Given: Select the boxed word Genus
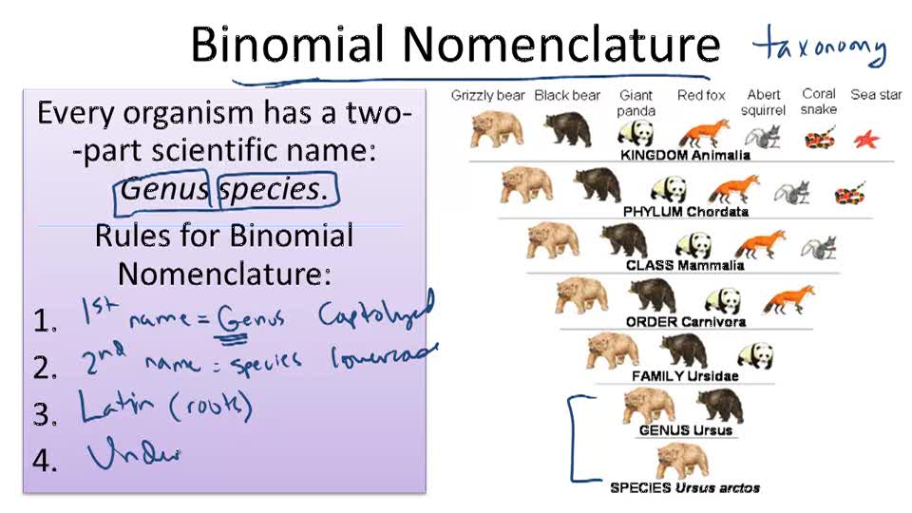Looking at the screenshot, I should (164, 188).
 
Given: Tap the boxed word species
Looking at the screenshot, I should (272, 188).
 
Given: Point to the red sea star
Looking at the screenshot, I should (865, 139).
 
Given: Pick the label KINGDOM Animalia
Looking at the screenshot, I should (684, 155).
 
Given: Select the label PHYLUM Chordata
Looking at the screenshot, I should (685, 211).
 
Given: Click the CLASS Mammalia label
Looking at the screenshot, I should (685, 266).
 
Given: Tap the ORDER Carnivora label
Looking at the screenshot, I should (685, 322).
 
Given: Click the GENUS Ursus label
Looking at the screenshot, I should (685, 430).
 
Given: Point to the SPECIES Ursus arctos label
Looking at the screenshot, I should (684, 487).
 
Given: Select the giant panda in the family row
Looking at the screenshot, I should (755, 355).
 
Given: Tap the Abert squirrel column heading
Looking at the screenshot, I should (765, 102).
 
